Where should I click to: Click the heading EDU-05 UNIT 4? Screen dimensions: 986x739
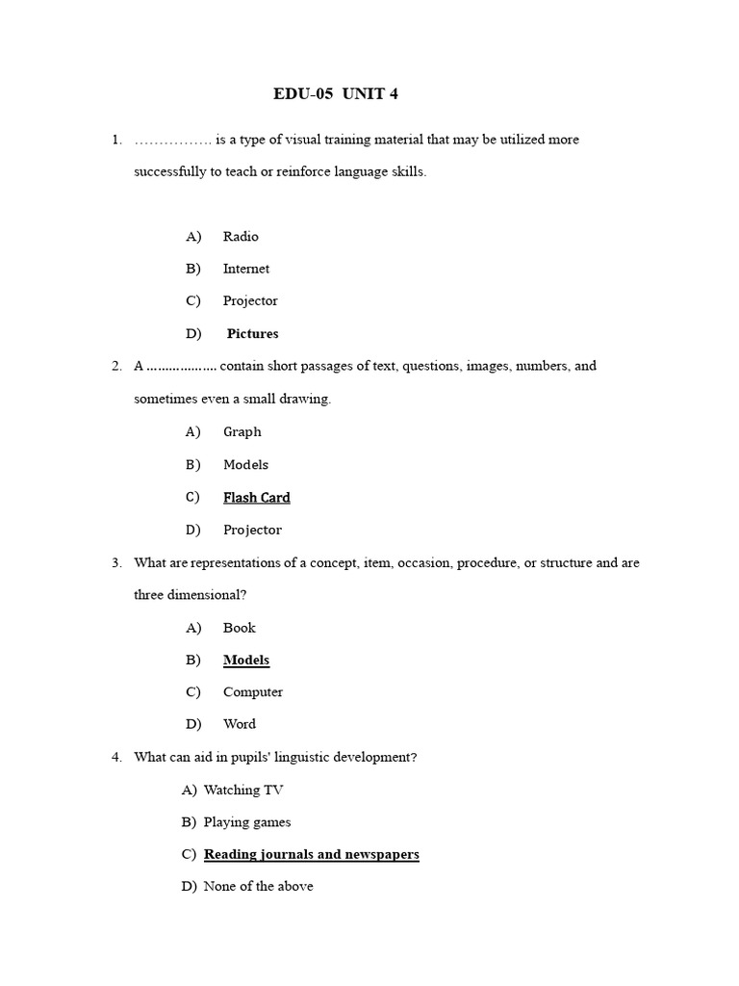[x=336, y=94]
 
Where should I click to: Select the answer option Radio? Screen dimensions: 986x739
[x=241, y=237]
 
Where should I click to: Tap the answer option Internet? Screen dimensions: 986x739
[x=246, y=269]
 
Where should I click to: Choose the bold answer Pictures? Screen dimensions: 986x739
[x=252, y=334]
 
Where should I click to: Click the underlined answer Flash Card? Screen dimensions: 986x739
[x=256, y=498]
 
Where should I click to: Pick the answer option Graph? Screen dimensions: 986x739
[x=242, y=432]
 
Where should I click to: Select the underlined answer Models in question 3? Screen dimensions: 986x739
[x=246, y=661]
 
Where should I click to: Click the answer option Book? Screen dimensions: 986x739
[x=240, y=628]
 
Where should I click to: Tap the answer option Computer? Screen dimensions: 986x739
[x=253, y=692]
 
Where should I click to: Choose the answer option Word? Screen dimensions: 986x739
[x=240, y=724]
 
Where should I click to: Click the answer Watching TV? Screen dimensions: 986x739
[x=243, y=791]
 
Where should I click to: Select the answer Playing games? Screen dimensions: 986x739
[x=247, y=822]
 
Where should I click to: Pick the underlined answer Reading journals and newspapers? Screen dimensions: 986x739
[x=312, y=854]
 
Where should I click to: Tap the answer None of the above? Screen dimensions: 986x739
[x=258, y=887]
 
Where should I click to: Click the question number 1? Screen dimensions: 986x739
[x=115, y=140]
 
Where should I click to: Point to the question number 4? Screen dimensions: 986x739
[x=115, y=758]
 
